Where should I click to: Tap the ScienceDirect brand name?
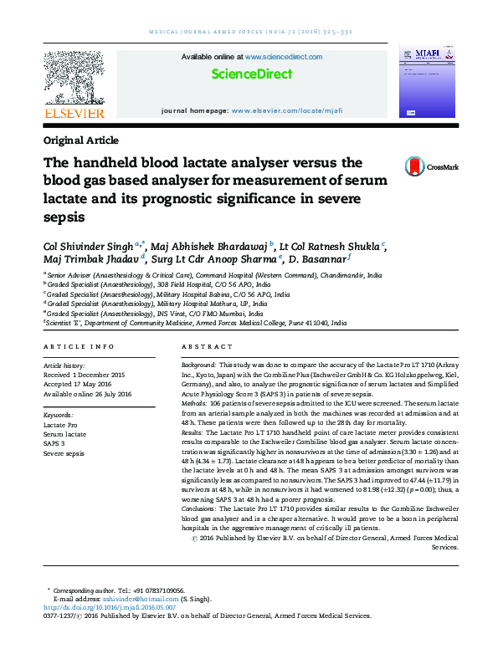point(251,74)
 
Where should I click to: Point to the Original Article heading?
point(80,140)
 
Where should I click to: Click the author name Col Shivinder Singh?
point(89,245)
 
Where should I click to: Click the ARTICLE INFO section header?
point(79,346)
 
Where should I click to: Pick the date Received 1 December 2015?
point(84,375)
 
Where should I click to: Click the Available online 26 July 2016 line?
point(87,393)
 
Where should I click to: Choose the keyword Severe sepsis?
point(64,452)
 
